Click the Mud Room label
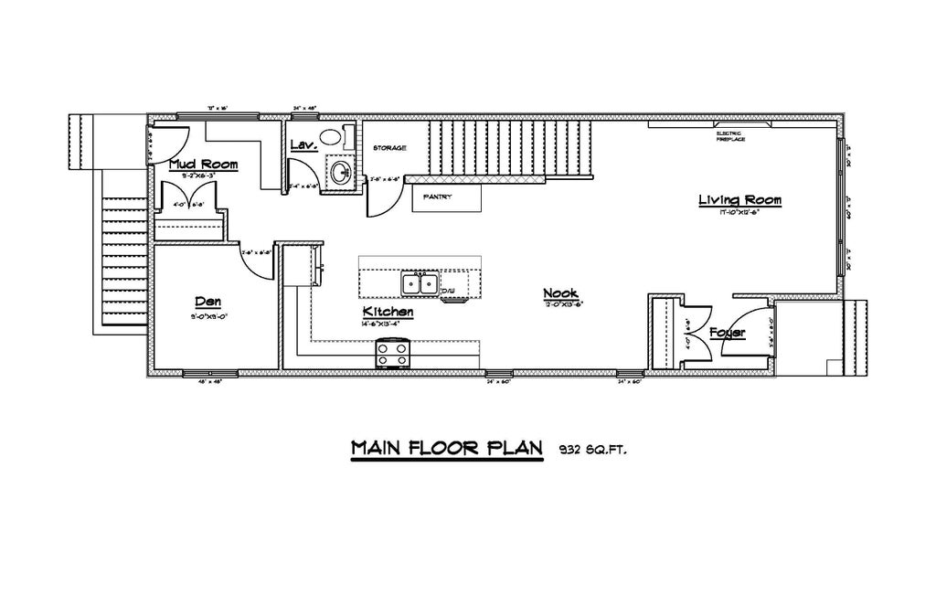(x=204, y=165)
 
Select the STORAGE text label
(x=389, y=148)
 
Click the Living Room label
(x=739, y=200)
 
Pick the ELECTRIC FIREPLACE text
(x=729, y=136)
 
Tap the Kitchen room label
(x=388, y=312)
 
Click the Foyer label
(x=728, y=334)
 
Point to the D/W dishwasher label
(x=449, y=291)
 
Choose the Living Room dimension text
(x=739, y=212)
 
